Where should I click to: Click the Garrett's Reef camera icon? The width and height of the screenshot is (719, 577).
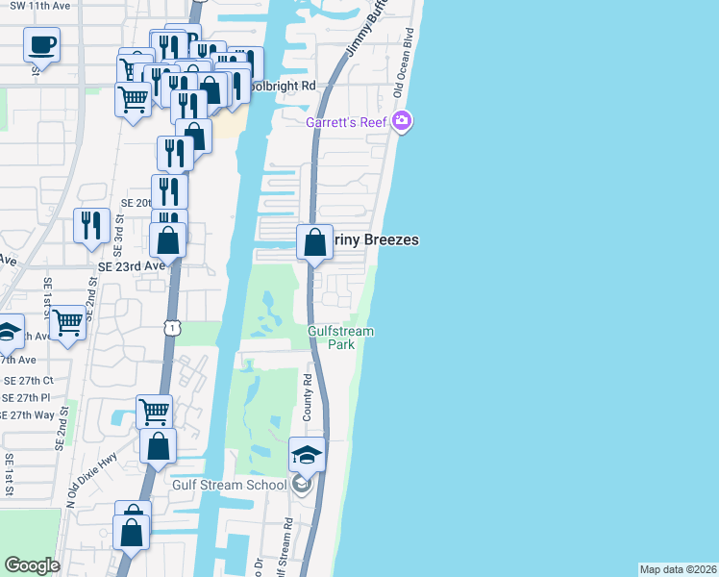pos(402,122)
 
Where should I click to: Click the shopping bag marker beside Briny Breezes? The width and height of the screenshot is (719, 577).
pos(314,243)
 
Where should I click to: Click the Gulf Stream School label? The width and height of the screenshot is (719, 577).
pos(229,484)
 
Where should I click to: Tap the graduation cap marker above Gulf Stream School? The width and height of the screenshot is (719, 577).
pos(307,455)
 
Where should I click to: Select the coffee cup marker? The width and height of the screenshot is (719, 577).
pos(41,44)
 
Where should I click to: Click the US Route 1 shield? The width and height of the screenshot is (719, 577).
pos(171,329)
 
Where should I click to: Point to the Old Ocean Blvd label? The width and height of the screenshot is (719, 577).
pos(404,69)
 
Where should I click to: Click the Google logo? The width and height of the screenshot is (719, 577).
pos(32,565)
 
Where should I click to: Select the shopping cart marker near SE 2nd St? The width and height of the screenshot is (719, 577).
pos(67,323)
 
